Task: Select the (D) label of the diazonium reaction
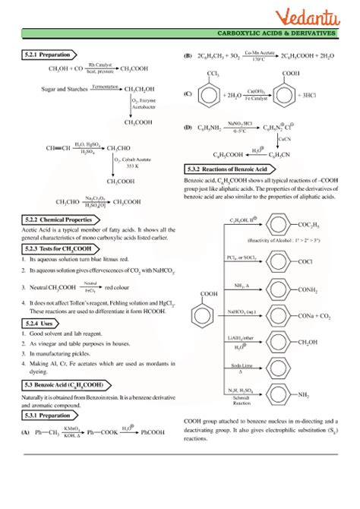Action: coord(188,127)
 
